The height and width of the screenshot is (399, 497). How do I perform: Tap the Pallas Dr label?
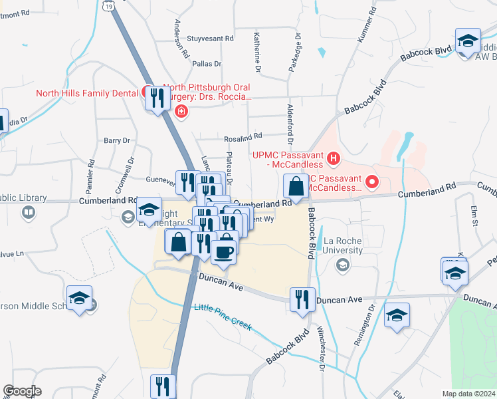pos(205,64)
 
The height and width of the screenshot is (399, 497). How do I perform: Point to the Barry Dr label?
pos(116,140)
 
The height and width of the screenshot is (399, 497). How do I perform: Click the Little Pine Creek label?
pos(223,308)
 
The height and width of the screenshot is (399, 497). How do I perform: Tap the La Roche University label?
pos(343,245)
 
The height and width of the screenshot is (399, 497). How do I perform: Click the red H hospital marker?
pos(334,159)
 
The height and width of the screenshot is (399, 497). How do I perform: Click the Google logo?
pos(22,390)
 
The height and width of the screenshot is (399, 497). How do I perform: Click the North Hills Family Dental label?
pos(86,93)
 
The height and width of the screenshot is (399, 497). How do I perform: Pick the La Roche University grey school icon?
pos(342,266)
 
